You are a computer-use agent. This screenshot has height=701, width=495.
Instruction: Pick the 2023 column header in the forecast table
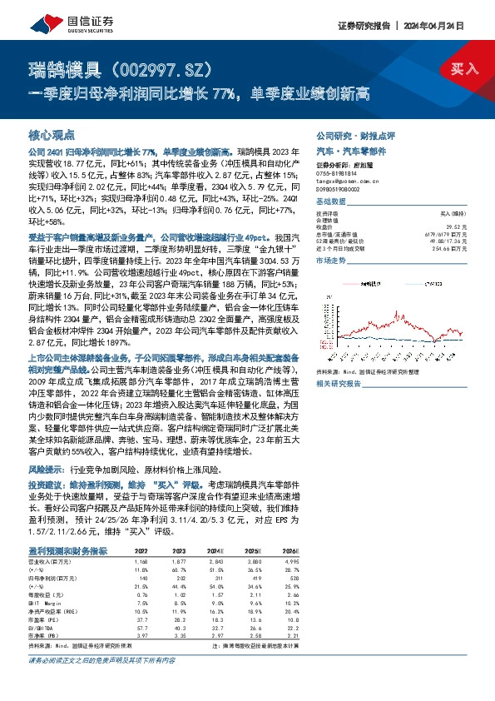click(179, 550)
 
